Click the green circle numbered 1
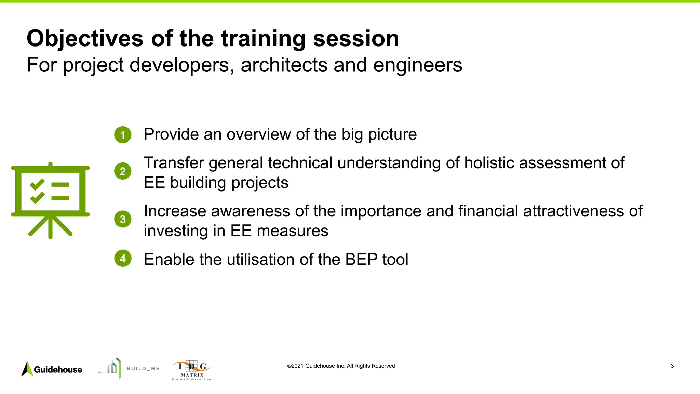pyautogui.click(x=123, y=135)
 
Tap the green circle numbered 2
pyautogui.click(x=123, y=171)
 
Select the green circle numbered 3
pyautogui.click(x=123, y=219)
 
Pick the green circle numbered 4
pyautogui.click(x=123, y=259)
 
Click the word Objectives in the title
pyautogui.click(x=85, y=39)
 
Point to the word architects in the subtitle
pyautogui.click(x=284, y=65)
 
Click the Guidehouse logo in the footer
pyautogui.click(x=52, y=369)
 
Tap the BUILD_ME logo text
pyautogui.click(x=143, y=369)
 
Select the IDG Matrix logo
pyautogui.click(x=192, y=370)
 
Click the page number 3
pyautogui.click(x=672, y=366)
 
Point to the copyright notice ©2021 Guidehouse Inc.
pyautogui.click(x=341, y=366)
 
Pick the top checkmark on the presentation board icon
pyautogui.click(x=37, y=184)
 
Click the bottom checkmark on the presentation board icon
pyautogui.click(x=37, y=197)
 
